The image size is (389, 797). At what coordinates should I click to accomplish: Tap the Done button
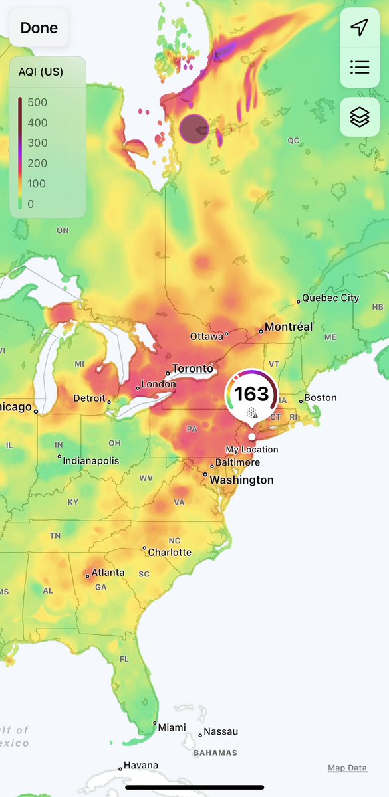click(39, 28)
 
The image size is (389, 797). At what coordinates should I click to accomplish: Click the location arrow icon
click(360, 27)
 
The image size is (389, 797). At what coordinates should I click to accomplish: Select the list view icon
click(360, 67)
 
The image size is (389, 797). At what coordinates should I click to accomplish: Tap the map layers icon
click(360, 117)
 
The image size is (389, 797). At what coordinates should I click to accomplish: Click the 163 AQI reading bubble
click(251, 395)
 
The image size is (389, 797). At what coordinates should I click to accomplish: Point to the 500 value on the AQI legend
click(37, 102)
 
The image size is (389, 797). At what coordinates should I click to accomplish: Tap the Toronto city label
click(192, 369)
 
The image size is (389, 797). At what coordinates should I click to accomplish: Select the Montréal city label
click(289, 327)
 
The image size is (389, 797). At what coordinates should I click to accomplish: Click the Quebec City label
click(330, 298)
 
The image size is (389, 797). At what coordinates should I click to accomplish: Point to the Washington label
click(241, 480)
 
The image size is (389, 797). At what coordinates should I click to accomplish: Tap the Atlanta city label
click(108, 572)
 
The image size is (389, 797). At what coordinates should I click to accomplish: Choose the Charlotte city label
click(170, 552)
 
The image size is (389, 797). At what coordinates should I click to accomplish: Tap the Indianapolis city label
click(91, 460)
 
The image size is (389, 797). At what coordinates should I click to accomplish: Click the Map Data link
click(347, 768)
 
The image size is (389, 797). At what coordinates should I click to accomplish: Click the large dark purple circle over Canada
click(194, 128)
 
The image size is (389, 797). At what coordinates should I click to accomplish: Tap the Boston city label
click(321, 398)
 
